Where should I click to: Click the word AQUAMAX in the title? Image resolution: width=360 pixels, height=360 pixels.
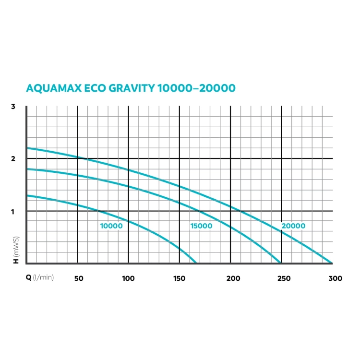[x=54, y=88]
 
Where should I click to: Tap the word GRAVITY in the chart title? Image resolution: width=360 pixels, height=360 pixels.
[x=132, y=88]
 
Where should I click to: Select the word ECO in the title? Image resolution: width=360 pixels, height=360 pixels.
[x=95, y=88]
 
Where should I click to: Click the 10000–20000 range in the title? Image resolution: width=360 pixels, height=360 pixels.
[x=196, y=88]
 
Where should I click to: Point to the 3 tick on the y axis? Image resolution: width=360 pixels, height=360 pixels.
[x=13, y=107]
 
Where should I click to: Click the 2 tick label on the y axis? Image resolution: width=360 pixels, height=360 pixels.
[x=13, y=159]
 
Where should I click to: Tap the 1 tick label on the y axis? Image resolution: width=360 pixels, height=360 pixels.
[x=13, y=212]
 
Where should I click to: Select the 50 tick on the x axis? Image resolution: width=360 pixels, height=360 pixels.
[x=79, y=278]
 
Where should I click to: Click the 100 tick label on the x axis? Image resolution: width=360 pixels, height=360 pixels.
[x=128, y=278]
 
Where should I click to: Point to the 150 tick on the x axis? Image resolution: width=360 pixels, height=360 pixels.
[x=180, y=278]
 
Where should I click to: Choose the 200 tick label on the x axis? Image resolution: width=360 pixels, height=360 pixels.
[x=233, y=278]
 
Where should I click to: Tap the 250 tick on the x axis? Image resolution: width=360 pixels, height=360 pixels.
[x=284, y=278]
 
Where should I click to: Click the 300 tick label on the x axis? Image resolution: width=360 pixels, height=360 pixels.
[x=336, y=278]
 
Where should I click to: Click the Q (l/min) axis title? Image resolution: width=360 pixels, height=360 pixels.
[x=40, y=277]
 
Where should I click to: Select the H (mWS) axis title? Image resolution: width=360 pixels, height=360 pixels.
[x=16, y=250]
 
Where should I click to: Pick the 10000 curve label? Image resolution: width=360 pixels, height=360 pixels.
[x=111, y=226]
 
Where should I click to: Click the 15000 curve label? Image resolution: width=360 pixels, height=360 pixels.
[x=201, y=226]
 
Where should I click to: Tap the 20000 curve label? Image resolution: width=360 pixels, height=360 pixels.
[x=293, y=226]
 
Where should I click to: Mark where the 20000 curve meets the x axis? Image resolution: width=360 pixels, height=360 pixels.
[x=331, y=263]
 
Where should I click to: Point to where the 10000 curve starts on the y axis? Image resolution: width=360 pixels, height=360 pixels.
[x=27, y=196]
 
